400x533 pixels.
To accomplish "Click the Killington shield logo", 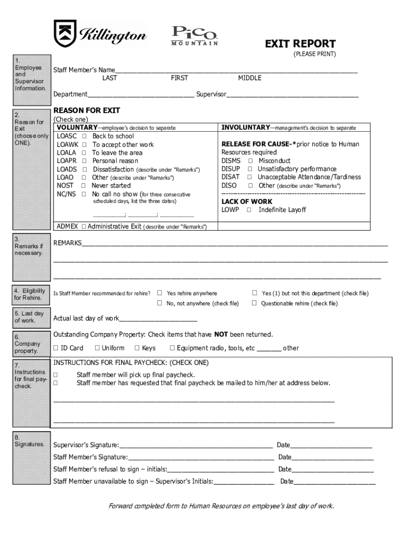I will pos(65,33).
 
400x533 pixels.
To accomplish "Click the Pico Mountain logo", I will pos(194,35).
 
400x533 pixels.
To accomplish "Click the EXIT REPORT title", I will pos(300,44).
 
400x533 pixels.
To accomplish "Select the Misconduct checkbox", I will pos(249,161).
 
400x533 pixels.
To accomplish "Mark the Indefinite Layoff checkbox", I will pos(249,210).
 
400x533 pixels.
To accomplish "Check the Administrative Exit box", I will pos(83,227).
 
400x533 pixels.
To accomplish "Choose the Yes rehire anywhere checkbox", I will pos(160,293).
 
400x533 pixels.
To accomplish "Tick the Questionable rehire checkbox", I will pos(255,303).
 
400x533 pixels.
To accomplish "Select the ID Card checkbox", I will pos(56,348).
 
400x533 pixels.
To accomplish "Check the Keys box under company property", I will pos(137,348).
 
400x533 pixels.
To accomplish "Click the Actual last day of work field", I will pos(158,319).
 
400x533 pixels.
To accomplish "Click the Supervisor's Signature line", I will pos(196,446).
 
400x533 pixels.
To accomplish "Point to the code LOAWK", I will pos(67,145).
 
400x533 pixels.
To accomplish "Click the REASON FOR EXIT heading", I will pos(87,111).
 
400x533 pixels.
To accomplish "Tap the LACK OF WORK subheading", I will pos(247,201).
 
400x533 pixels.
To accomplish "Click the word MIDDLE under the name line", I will pos(250,79).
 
